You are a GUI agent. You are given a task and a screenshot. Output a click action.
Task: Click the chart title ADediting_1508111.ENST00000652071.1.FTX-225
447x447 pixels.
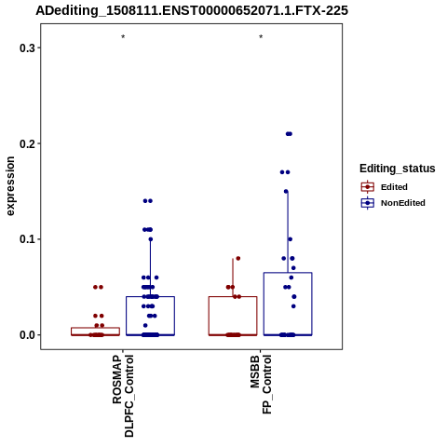(x=192, y=10)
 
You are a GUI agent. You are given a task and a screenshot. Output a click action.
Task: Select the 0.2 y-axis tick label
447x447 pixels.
(x=26, y=143)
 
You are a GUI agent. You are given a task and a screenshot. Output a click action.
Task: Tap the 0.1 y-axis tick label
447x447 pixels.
(x=26, y=239)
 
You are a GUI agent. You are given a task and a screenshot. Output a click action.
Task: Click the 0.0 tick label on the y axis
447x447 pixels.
(x=26, y=335)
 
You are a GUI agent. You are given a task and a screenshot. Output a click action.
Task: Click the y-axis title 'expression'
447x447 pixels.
(x=10, y=186)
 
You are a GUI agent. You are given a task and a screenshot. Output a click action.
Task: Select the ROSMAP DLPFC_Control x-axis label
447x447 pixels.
(x=123, y=396)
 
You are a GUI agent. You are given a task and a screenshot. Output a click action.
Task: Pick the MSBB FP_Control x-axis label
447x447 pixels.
(x=261, y=385)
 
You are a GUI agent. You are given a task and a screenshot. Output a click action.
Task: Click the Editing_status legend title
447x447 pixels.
(x=398, y=169)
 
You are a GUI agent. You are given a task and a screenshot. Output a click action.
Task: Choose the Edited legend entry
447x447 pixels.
(x=384, y=187)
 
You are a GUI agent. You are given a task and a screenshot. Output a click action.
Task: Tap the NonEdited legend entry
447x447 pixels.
(x=393, y=203)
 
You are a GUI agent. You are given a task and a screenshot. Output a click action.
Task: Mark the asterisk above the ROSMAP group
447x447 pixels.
(x=123, y=37)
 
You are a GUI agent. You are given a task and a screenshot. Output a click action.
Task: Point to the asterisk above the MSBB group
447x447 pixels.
(x=261, y=37)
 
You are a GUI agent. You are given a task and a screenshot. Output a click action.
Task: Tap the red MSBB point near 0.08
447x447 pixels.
(x=238, y=258)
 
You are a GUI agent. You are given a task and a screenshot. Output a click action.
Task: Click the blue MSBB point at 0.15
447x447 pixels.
(x=286, y=191)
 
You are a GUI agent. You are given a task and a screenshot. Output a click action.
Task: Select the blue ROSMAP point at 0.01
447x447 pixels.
(x=145, y=325)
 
